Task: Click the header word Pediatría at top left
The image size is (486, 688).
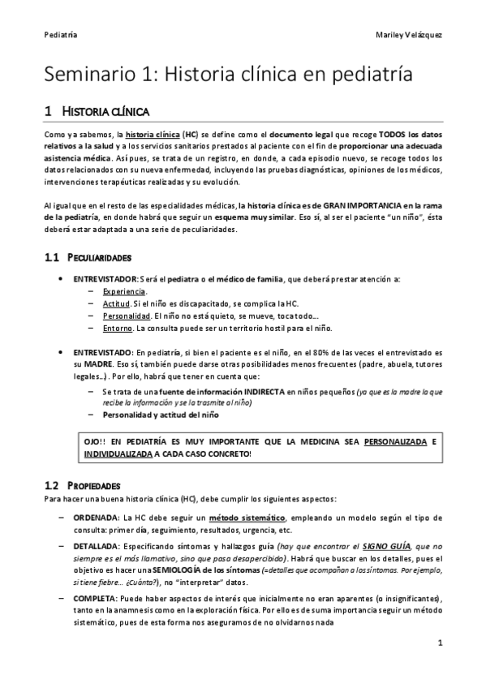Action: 62,35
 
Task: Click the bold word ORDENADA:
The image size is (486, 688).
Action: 96,518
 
